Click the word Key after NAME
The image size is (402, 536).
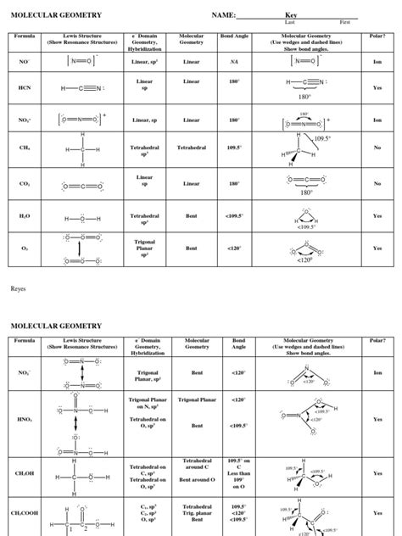(x=291, y=14)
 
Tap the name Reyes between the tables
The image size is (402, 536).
(x=18, y=288)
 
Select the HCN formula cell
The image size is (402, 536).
(x=24, y=87)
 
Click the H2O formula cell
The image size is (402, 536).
(x=24, y=216)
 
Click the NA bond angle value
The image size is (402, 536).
(x=234, y=62)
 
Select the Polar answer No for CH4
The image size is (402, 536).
(x=377, y=148)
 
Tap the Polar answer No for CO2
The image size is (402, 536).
(x=377, y=183)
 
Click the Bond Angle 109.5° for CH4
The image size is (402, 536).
(x=234, y=148)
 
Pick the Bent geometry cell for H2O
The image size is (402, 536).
(x=191, y=216)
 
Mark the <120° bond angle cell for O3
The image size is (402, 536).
(x=234, y=248)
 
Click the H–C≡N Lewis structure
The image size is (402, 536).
(x=82, y=88)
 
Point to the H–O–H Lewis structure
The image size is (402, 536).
(x=82, y=218)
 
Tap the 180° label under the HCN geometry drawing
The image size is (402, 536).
(x=304, y=97)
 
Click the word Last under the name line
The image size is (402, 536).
(x=289, y=22)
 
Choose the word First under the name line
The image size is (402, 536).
(x=344, y=22)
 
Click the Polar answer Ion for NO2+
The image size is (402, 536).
(x=377, y=120)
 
